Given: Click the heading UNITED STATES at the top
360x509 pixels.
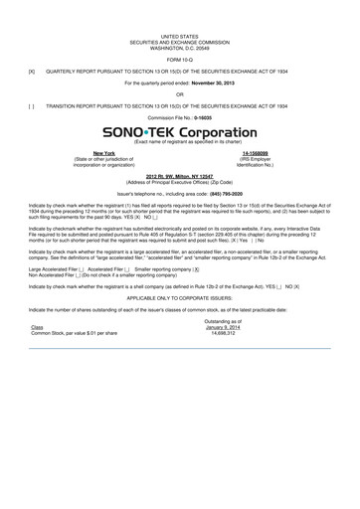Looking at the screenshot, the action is [180, 34].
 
